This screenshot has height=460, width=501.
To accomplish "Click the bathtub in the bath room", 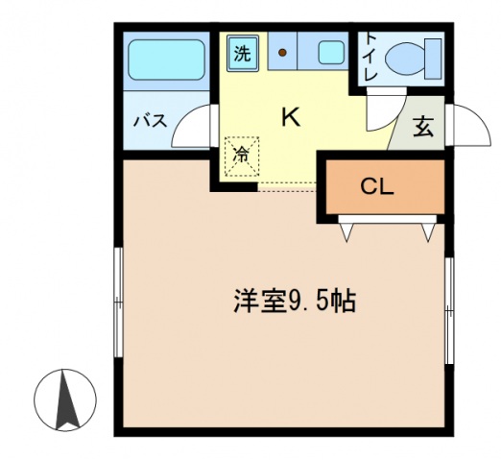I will coord(167,61).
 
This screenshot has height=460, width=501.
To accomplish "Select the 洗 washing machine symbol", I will coord(243,53).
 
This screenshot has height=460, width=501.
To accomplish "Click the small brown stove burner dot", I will coord(283,52).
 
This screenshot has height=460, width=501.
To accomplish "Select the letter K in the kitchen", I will coord(290,117).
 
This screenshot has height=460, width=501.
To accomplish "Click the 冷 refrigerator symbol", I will coord(242,155).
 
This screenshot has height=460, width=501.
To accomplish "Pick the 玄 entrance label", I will coord(422,127).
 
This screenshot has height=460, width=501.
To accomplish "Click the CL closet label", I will coord(377,187).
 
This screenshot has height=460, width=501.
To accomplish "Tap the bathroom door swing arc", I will coord(200,125).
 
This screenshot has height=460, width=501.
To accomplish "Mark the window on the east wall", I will coord(448,307).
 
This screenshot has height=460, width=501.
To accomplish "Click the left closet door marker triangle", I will coord(348,230).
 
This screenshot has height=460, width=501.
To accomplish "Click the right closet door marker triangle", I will coord(429,230).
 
